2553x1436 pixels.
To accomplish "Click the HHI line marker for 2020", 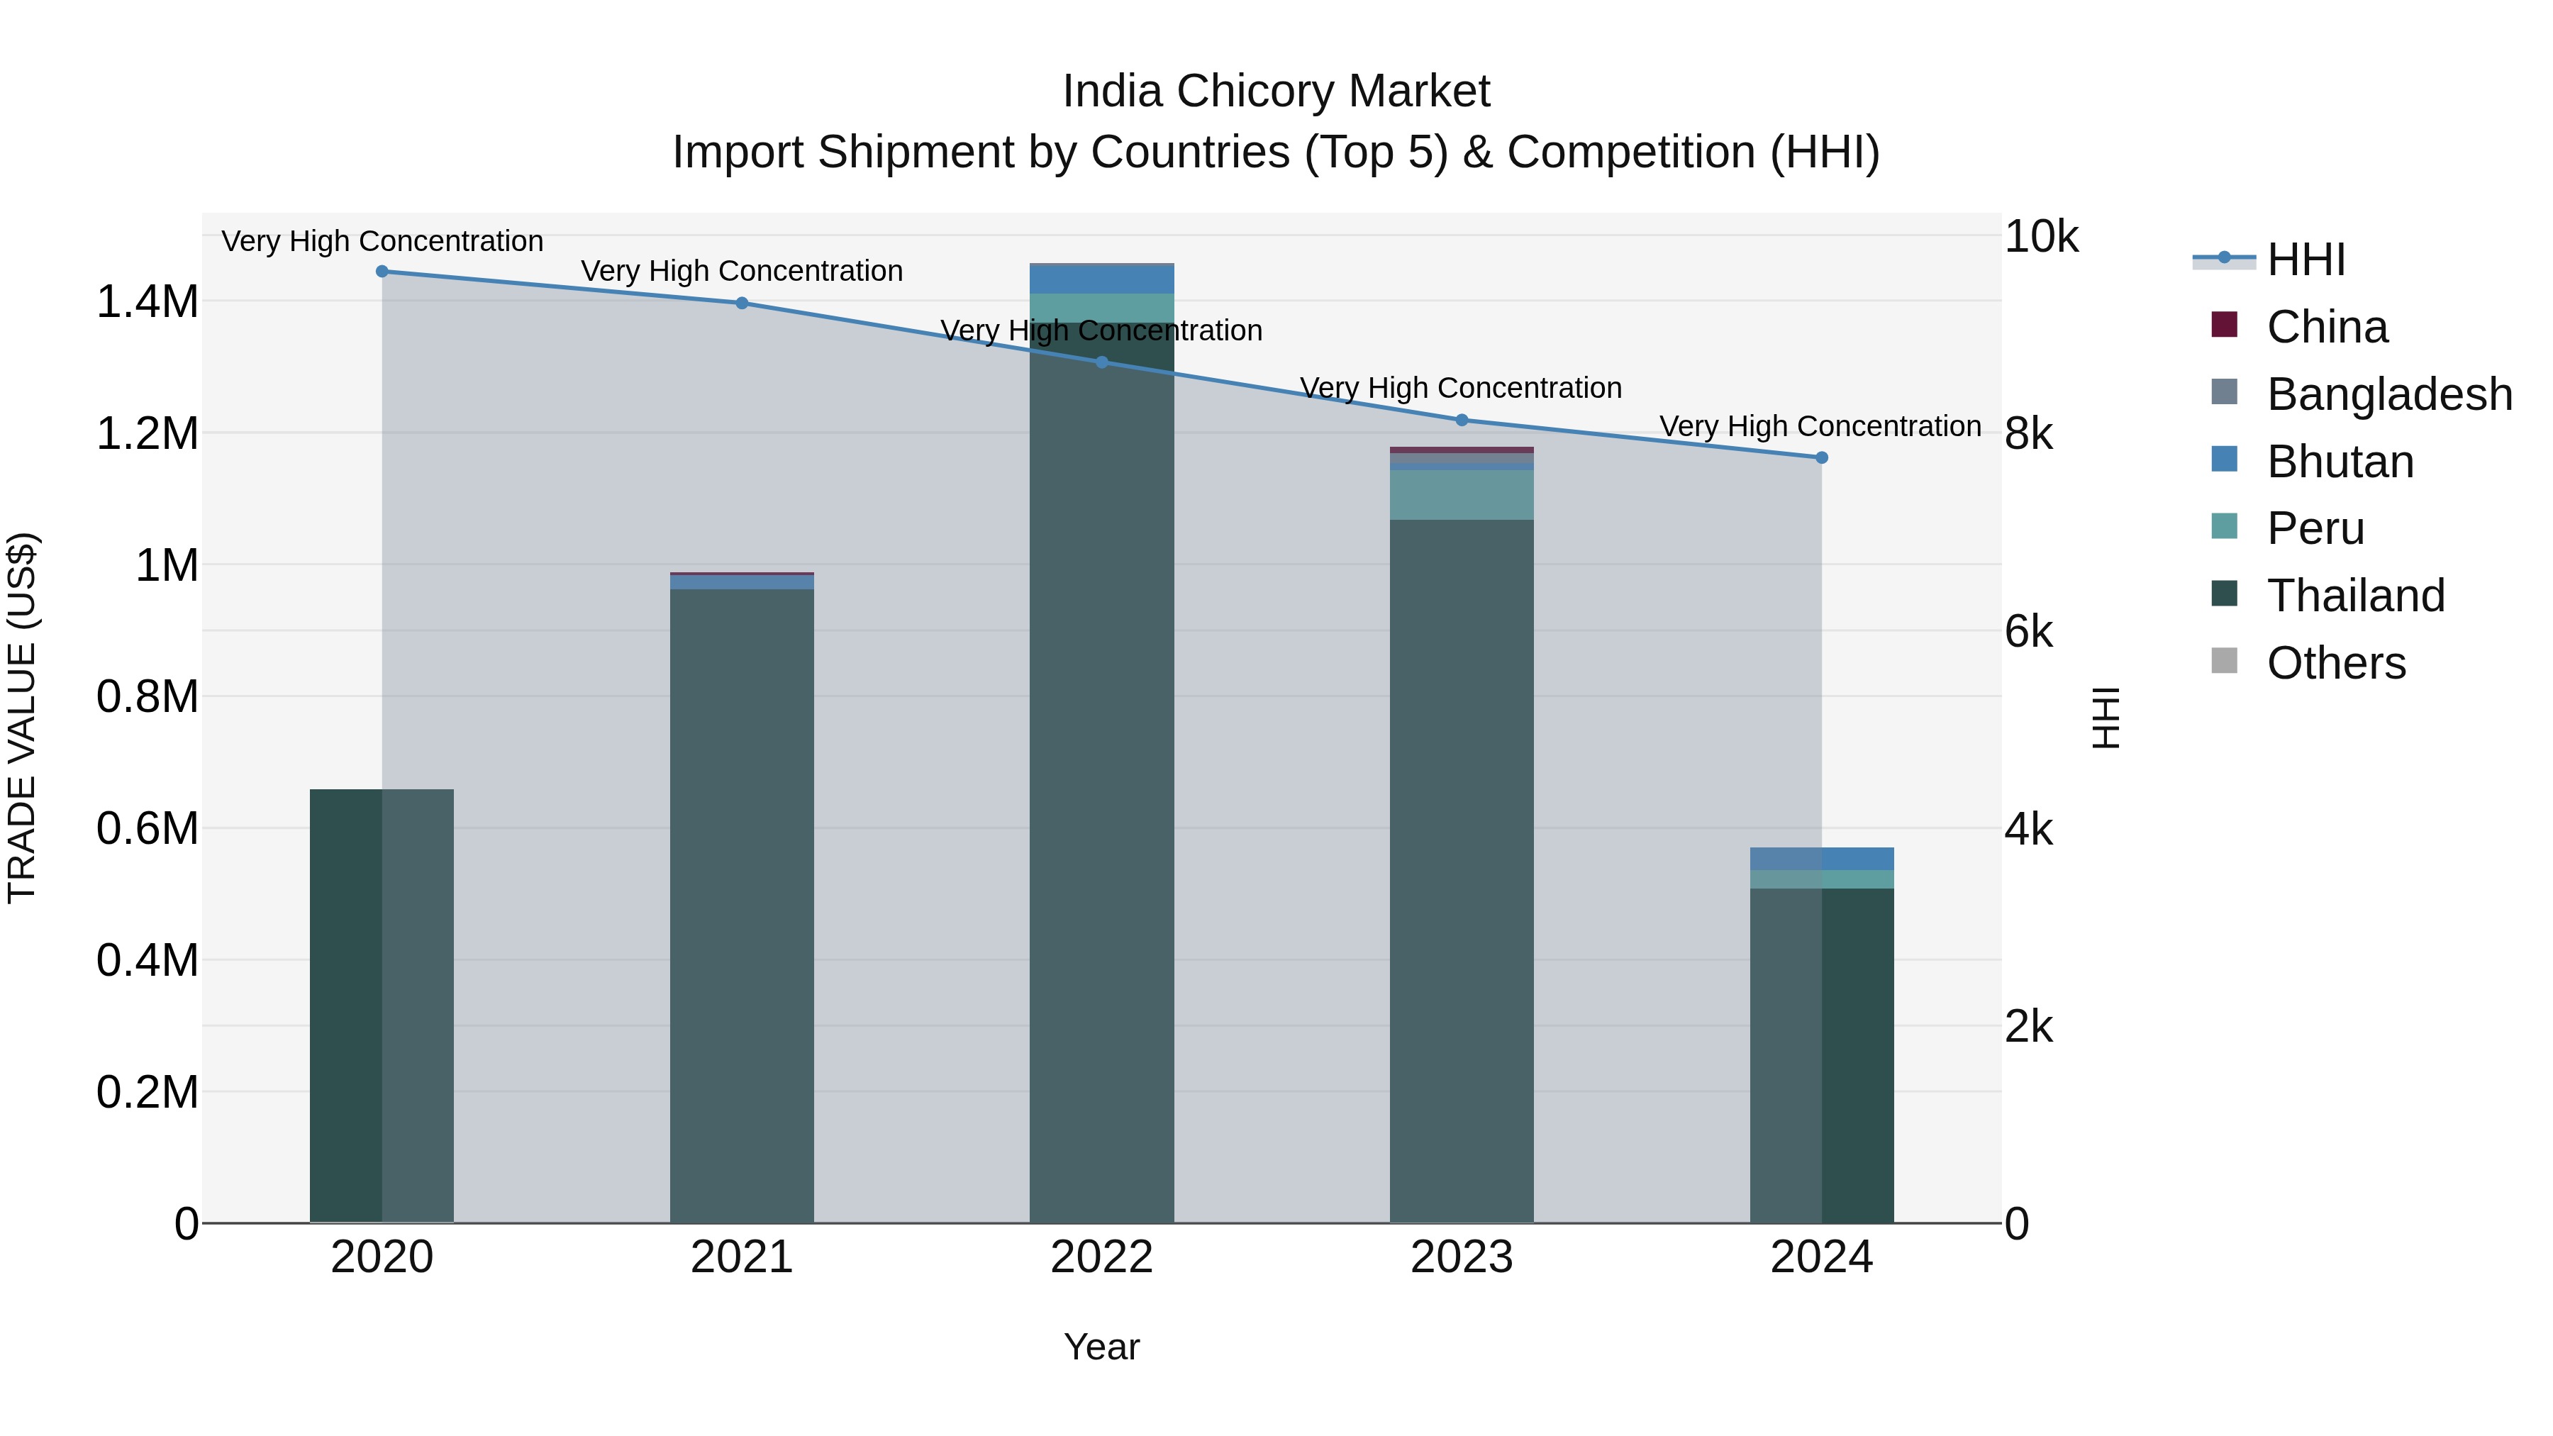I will click(382, 272).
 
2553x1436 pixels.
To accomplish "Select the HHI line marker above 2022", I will click(1101, 362).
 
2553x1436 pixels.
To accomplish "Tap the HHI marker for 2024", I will click(1822, 458).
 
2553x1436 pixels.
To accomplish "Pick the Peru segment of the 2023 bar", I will click(1461, 494).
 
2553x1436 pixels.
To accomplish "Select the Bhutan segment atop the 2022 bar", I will click(1101, 279).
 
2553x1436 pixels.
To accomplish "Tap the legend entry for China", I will click(2326, 327).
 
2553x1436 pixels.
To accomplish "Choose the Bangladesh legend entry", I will click(2388, 394).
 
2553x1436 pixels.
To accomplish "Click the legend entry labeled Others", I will click(2335, 663).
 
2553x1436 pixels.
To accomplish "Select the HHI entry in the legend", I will click(2306, 260).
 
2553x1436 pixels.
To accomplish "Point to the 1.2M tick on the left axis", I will click(147, 434).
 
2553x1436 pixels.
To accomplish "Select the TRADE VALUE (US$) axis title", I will click(22, 718).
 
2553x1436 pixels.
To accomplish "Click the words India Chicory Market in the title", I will click(1276, 91).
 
